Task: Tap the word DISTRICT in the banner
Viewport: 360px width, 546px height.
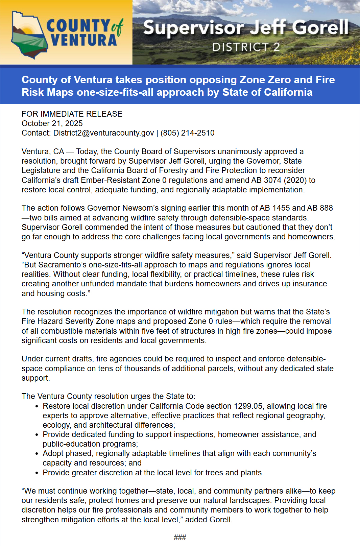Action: [240, 47]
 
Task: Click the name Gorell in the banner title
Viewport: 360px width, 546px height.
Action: [320, 27]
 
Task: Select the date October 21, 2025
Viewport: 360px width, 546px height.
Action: [52, 123]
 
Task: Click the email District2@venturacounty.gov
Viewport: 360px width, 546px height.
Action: [103, 133]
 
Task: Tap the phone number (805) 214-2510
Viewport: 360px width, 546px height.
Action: [187, 133]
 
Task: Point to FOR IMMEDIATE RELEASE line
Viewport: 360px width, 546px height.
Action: [72, 114]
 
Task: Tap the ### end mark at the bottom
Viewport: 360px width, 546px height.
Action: [180, 537]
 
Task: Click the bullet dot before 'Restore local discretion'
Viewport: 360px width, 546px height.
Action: [37, 406]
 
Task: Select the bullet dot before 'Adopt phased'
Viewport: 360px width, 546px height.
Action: [37, 454]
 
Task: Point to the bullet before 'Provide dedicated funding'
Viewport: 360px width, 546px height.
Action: [37, 435]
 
